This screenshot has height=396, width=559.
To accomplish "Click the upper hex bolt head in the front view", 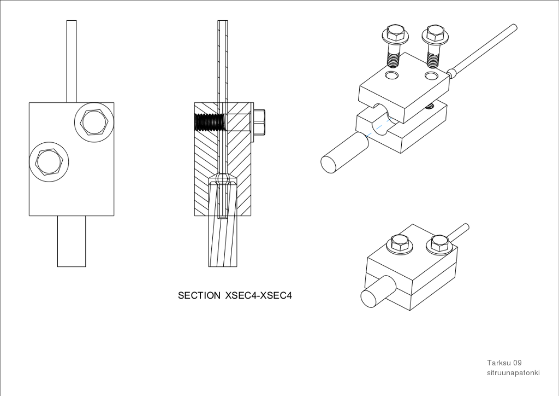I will tap(93, 122).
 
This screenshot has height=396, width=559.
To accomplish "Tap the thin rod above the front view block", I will tap(72, 60).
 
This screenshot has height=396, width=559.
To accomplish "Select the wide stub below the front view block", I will tap(72, 241).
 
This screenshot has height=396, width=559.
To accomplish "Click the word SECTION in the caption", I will tap(199, 295).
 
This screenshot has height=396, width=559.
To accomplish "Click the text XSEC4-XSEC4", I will tap(259, 295).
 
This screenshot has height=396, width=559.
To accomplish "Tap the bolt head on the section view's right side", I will tap(259, 122).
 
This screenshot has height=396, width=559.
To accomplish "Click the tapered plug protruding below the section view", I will tap(223, 241).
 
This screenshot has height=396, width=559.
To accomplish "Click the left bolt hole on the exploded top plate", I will tap(391, 75).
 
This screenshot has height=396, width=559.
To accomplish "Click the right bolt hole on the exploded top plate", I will tap(431, 75).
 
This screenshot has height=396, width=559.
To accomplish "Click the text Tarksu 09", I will tap(504, 363).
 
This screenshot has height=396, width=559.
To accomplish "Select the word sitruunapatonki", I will tap(513, 372).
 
